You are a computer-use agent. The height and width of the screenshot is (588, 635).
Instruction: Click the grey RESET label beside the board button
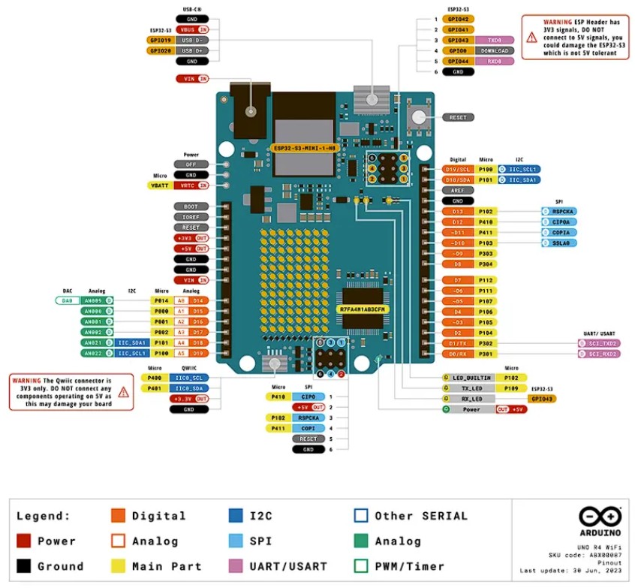458,117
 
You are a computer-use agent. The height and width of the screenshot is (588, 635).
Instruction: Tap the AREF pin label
458,191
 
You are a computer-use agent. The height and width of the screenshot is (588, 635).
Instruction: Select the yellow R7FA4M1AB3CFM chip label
362,309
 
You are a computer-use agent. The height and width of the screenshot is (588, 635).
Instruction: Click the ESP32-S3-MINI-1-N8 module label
304,149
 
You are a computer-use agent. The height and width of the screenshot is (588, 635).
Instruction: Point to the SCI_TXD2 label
598,342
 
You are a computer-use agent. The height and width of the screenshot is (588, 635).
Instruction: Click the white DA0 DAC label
68,300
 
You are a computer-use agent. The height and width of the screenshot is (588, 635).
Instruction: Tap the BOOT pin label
191,206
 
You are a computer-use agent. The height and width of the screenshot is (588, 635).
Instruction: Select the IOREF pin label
191,216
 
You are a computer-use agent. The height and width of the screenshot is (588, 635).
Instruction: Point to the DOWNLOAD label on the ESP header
495,50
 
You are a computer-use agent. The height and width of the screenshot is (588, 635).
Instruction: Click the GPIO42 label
458,19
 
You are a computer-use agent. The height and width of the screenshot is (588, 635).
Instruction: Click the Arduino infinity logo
600,516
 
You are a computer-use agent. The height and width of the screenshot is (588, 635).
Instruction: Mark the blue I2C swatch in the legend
235,516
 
